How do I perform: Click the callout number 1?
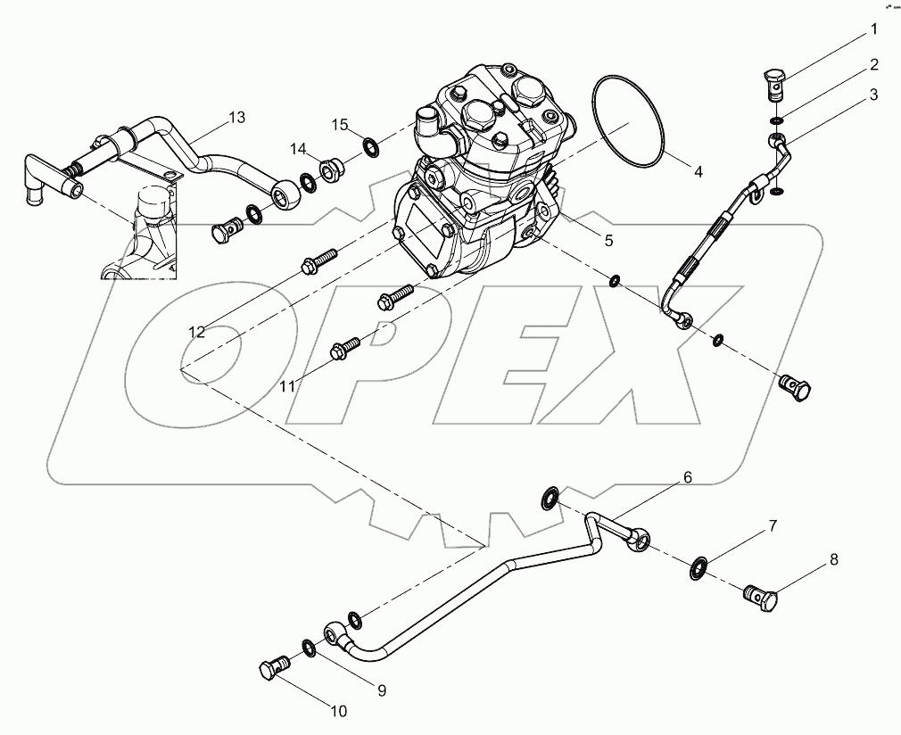tap(873, 30)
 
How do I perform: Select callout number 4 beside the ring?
tap(698, 172)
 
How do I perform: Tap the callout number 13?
tap(236, 117)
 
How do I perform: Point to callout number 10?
tap(338, 711)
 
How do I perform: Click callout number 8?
tap(834, 560)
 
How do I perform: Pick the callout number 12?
tap(196, 332)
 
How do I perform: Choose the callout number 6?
tap(687, 477)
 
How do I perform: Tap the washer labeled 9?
tap(308, 646)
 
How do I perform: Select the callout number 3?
tap(873, 94)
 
